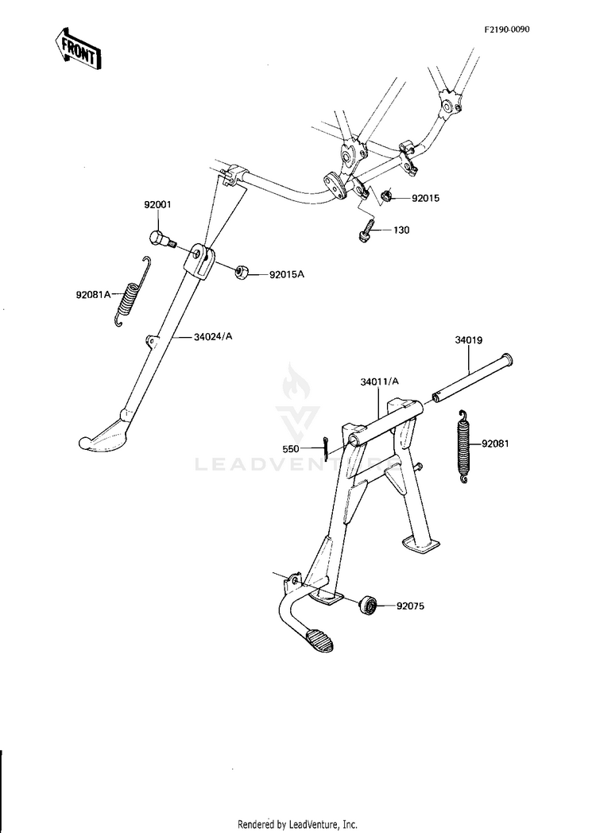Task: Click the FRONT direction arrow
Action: [x=78, y=48]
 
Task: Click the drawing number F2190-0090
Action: [x=506, y=29]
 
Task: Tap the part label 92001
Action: [x=157, y=204]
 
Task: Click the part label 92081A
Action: [x=93, y=294]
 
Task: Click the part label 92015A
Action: [x=287, y=275]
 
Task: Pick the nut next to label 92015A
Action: [x=242, y=272]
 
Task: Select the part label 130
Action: [x=401, y=230]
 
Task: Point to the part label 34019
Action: [x=469, y=340]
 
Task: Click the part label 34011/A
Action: [x=379, y=382]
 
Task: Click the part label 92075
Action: [x=410, y=606]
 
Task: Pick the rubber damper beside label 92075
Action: [x=368, y=605]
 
